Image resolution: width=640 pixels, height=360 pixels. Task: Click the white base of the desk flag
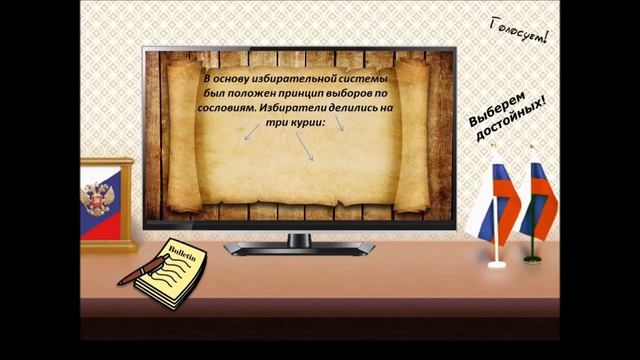pyautogui.click(x=496, y=264)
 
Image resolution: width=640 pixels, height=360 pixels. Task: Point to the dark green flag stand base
pyautogui.click(x=533, y=257)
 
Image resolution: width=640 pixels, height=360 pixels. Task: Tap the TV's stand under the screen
pyautogui.click(x=299, y=242)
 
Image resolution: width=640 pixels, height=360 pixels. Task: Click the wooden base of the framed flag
pyautogui.click(x=108, y=244)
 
